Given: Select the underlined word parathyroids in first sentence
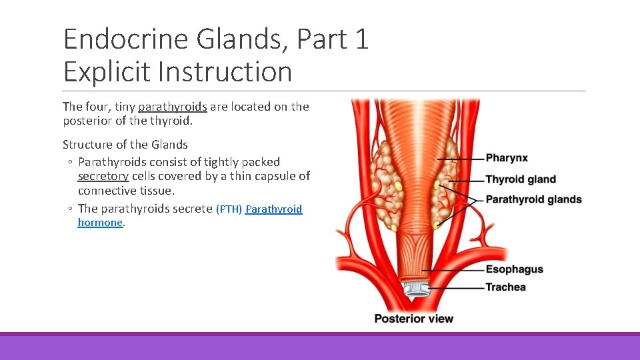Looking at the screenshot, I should [173, 107].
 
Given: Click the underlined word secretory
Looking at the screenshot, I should [103, 176].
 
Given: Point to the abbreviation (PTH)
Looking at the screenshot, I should [229, 209].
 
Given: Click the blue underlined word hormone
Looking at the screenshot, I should [100, 223].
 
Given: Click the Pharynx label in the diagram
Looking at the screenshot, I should [507, 158].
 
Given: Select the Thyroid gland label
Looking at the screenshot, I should [520, 179].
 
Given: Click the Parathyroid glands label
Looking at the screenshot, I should [533, 199].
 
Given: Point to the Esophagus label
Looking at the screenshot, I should [514, 269].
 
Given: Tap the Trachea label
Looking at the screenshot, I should [505, 287].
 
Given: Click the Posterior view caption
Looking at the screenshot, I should [413, 319].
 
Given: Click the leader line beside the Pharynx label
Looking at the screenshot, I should [460, 159].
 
